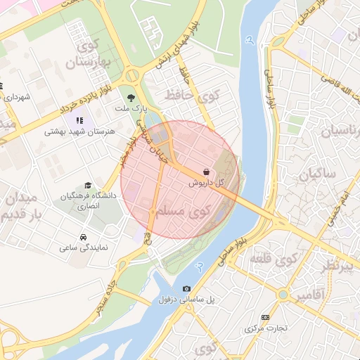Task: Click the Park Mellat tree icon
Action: tap(131, 98)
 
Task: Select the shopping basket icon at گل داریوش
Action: tap(205, 171)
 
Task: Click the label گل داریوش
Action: tap(206, 182)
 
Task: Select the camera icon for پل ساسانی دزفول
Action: tap(186, 288)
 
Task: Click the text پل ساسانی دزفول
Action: tap(186, 300)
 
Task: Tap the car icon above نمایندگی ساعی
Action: tap(84, 236)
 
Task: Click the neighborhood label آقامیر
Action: tap(309, 295)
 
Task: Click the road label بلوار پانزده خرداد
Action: tap(53, 116)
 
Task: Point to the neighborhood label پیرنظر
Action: tap(345, 265)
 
